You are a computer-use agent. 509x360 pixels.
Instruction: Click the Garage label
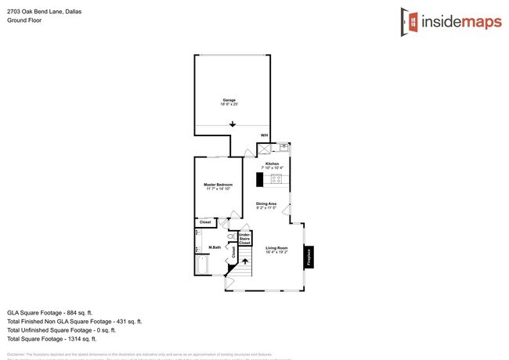[229, 100]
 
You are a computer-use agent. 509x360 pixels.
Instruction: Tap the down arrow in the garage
[233, 124]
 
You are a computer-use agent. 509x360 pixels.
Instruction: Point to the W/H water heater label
[264, 136]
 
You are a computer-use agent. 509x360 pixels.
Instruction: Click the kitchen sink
[283, 146]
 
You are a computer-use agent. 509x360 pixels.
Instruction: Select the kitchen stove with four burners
[276, 179]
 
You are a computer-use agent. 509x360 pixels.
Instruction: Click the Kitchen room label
[273, 164]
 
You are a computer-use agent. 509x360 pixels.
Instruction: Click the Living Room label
[276, 249]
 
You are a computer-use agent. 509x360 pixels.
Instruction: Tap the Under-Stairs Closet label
[244, 239]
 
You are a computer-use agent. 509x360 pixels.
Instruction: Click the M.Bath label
[215, 247]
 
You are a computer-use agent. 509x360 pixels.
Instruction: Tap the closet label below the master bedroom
[205, 222]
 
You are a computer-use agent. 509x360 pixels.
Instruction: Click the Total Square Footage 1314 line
[52, 339]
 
